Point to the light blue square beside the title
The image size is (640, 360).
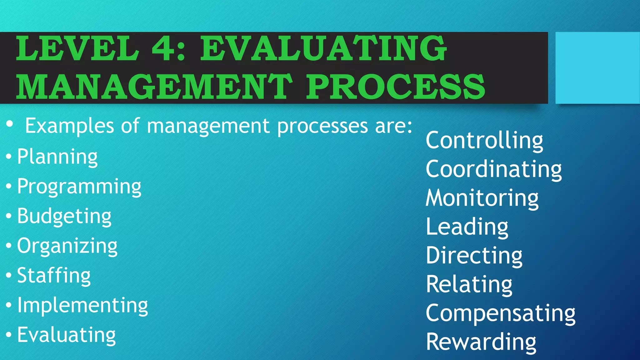(597, 68)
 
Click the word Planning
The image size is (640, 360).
(57, 157)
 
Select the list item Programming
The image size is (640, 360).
(79, 187)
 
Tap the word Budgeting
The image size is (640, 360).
(64, 216)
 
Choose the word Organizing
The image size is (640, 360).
(67, 246)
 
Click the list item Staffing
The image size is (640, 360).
(54, 276)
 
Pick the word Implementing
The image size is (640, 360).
(82, 305)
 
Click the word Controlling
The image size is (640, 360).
(484, 141)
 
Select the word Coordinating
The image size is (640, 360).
(494, 169)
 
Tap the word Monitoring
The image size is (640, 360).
(482, 198)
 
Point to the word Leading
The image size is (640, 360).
(467, 227)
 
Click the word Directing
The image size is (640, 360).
(474, 256)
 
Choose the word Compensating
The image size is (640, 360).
(501, 313)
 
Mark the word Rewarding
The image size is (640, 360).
(481, 342)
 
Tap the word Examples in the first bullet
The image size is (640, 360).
(69, 126)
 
